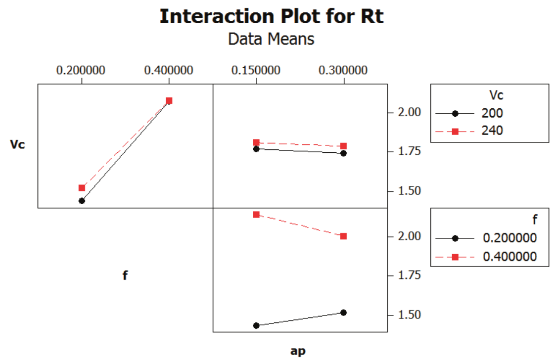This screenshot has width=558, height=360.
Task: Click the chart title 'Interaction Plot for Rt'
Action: point(272,16)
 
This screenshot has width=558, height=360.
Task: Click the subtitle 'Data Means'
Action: point(271,39)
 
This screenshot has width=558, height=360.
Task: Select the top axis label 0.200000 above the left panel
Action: point(82,70)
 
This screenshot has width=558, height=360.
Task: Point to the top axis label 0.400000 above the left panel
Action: point(169,70)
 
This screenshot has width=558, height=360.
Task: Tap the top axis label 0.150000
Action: point(256,70)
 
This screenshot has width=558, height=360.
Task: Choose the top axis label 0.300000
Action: point(344,70)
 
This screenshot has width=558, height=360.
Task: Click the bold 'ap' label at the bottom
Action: point(298,351)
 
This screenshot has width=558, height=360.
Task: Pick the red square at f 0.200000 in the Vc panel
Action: point(82,188)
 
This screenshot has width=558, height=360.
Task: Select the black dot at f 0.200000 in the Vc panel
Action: point(82,201)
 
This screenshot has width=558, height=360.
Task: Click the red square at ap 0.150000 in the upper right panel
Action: point(256,142)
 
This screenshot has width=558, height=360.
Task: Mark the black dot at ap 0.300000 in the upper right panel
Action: point(344,153)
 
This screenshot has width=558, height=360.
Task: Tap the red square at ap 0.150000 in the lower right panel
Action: point(256,215)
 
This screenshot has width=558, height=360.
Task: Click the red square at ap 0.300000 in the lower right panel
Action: point(344,236)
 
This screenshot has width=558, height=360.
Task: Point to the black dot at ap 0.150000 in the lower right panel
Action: point(256,325)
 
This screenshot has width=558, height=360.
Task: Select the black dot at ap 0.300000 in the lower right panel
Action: point(344,313)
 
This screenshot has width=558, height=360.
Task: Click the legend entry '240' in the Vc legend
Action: point(492,131)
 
